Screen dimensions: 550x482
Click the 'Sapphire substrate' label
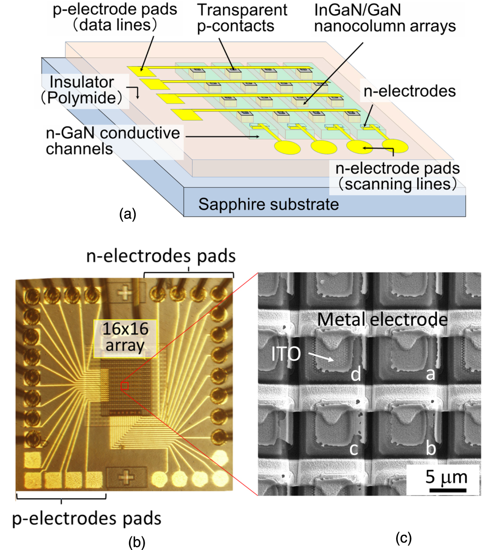click(268, 204)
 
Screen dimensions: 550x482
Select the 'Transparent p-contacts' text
click(242, 18)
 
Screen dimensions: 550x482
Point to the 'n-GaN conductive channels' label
click(113, 141)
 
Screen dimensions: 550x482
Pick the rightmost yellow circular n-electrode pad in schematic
click(395, 145)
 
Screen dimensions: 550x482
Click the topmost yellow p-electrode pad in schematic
click(136, 69)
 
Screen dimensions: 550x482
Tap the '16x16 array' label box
click(125, 337)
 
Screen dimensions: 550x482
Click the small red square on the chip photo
click(124, 386)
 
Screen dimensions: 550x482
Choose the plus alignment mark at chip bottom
click(127, 477)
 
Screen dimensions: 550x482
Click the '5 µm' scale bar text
click(446, 477)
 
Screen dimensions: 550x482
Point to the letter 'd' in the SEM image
click(355, 374)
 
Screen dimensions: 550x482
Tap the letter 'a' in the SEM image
click(430, 374)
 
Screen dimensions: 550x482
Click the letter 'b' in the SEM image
click(431, 448)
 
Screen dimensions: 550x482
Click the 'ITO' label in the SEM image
click(286, 354)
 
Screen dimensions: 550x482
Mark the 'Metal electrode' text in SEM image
click(382, 319)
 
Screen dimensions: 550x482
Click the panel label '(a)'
click(128, 214)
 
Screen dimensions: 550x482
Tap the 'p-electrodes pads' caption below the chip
click(87, 518)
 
